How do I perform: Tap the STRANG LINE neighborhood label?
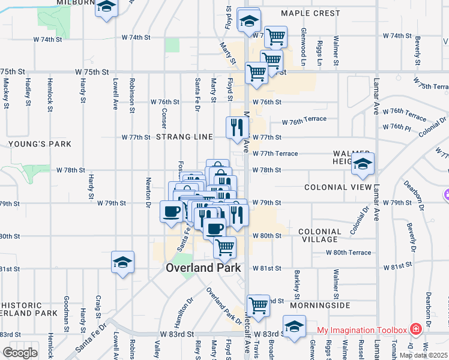click(x=184, y=137)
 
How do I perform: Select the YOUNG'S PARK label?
click(x=40, y=144)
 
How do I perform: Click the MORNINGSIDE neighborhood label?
click(x=320, y=305)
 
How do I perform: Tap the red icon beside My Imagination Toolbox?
click(x=415, y=329)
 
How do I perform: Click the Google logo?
click(x=19, y=353)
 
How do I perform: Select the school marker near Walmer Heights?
click(x=363, y=164)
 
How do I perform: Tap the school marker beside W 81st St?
click(x=122, y=262)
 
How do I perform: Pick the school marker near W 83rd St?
click(x=294, y=327)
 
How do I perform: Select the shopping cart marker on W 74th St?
click(x=276, y=37)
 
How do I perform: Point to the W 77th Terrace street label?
click(x=275, y=154)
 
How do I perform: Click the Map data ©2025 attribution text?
click(x=423, y=355)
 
